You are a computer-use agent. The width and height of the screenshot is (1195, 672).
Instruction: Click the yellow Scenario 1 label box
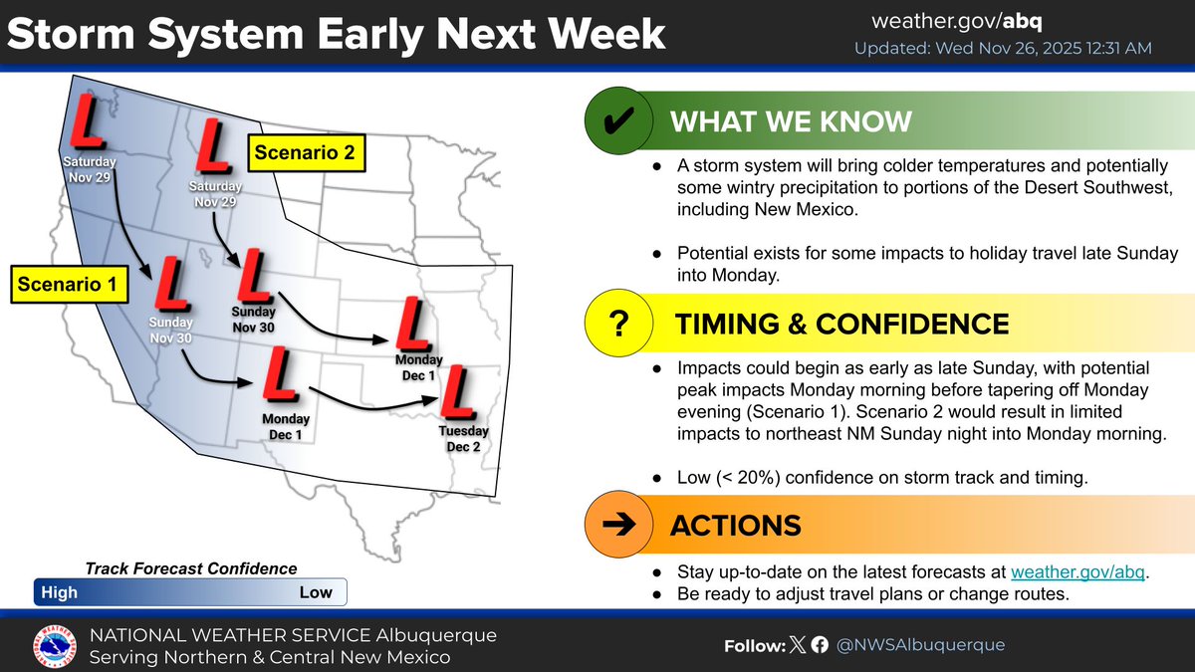pyautogui.click(x=70, y=285)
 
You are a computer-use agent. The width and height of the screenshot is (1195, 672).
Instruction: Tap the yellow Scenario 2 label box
pyautogui.click(x=307, y=153)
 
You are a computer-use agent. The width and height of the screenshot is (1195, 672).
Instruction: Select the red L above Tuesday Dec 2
pyautogui.click(x=457, y=392)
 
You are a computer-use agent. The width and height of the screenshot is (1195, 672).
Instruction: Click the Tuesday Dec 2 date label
pyautogui.click(x=464, y=438)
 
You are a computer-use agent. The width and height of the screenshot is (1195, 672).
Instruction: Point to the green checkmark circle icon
pyautogui.click(x=618, y=120)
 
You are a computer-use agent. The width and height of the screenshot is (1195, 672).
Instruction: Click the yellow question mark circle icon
pyautogui.click(x=618, y=323)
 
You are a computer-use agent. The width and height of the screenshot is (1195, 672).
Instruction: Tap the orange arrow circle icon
pyautogui.click(x=618, y=525)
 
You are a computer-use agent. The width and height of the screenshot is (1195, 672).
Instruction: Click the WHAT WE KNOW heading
pyautogui.click(x=791, y=121)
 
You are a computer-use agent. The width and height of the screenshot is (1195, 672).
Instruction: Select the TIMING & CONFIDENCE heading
pyautogui.click(x=841, y=324)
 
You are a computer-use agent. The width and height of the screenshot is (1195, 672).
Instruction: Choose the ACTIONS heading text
pyautogui.click(x=736, y=526)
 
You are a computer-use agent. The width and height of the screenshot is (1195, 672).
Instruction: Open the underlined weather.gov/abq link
pyautogui.click(x=1077, y=571)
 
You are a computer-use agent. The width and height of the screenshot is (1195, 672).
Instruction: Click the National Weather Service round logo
pyautogui.click(x=55, y=647)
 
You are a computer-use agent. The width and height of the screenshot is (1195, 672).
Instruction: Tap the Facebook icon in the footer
pyautogui.click(x=820, y=645)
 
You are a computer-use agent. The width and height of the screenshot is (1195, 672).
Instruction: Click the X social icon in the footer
pyautogui.click(x=798, y=645)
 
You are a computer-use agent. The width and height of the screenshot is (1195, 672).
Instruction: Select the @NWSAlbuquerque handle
pyautogui.click(x=921, y=645)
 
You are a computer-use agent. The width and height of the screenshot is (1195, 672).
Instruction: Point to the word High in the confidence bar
pyautogui.click(x=59, y=592)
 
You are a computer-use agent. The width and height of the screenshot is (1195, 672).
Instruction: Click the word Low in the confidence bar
pyautogui.click(x=316, y=592)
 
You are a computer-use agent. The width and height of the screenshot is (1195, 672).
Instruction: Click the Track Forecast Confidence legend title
pyautogui.click(x=191, y=569)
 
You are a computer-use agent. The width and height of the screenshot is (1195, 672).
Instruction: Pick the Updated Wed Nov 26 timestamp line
pyautogui.click(x=1003, y=49)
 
